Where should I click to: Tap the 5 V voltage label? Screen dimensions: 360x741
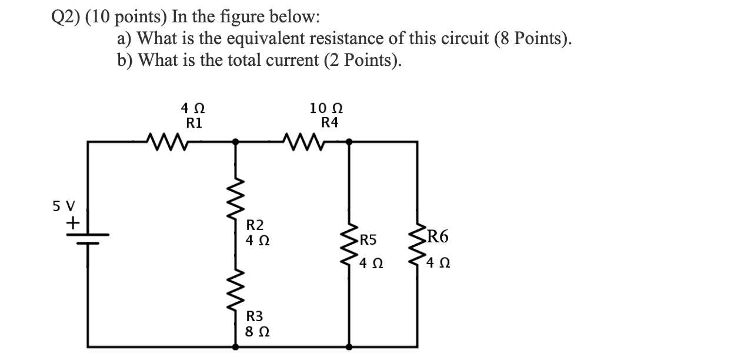tap(64, 206)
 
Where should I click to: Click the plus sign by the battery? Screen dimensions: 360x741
tap(73, 224)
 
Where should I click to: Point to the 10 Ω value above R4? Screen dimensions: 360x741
tap(326, 109)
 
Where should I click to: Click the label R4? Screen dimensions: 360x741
tap(330, 124)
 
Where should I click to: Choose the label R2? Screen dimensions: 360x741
tap(255, 225)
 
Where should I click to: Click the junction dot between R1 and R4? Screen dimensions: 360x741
tap(236, 141)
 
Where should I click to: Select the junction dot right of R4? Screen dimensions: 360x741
tap(350, 141)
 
